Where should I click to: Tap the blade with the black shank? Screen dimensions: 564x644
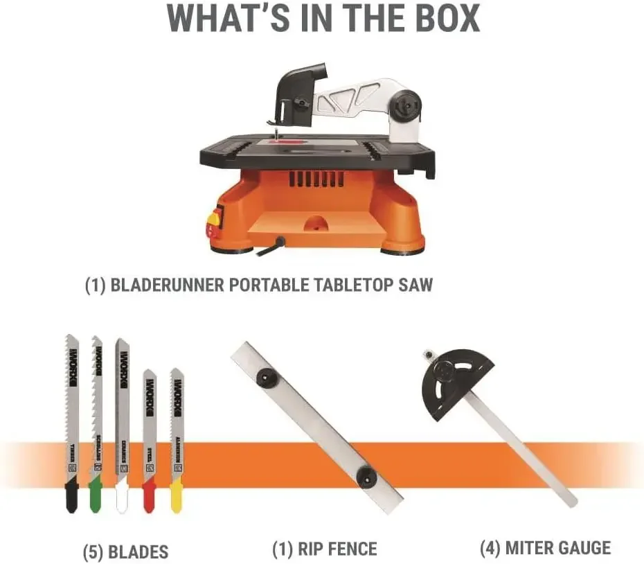click(72, 423)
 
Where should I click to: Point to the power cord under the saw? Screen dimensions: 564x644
click(274, 244)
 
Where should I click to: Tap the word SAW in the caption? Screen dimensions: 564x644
click(414, 285)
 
